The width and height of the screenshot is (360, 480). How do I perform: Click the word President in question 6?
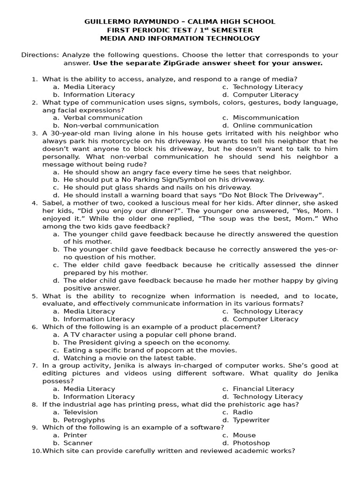coord(97,342)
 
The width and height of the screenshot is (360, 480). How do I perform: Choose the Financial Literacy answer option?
coord(263,389)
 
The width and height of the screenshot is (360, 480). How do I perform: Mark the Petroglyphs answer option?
coord(84,420)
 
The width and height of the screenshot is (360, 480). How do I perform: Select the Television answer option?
coord(81,412)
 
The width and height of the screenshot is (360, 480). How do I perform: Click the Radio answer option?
coord(243,412)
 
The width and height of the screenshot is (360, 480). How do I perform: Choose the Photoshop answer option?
coord(251,443)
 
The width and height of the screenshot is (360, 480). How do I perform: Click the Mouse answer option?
coord(244,435)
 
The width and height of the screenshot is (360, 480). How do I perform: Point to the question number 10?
coord(36,451)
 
